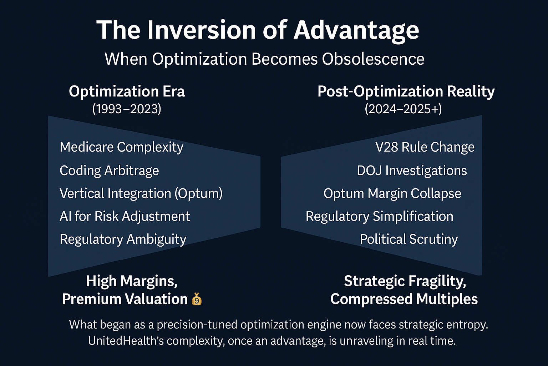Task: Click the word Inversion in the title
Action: tap(202, 30)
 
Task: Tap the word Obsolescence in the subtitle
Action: tap(373, 59)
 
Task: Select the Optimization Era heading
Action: tap(127, 92)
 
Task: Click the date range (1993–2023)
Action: tap(127, 109)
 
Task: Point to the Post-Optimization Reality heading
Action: tap(406, 92)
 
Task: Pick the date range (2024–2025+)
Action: tap(404, 109)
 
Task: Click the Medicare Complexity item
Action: tap(121, 148)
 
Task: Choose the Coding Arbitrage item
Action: tap(109, 170)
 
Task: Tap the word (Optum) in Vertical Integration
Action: tap(198, 193)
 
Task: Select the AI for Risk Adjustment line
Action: tap(125, 217)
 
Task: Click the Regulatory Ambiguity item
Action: tap(123, 239)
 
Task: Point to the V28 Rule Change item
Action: tap(425, 147)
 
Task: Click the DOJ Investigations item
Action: tap(412, 170)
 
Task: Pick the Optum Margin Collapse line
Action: tap(392, 193)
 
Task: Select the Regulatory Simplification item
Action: tap(379, 217)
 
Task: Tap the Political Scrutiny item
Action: tap(409, 239)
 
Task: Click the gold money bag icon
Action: tap(197, 299)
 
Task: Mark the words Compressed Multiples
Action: tap(404, 299)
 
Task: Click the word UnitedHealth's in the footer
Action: tap(126, 341)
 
